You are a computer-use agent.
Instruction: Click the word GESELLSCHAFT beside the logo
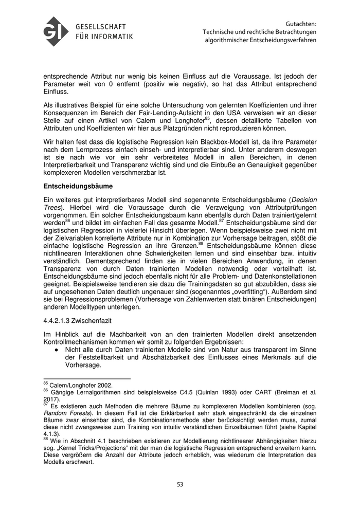click(100, 27)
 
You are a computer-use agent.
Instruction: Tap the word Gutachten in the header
click(300, 23)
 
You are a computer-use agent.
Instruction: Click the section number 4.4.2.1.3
click(62, 321)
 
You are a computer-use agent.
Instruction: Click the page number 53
click(180, 484)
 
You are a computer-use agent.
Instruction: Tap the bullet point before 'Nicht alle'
click(57, 349)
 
